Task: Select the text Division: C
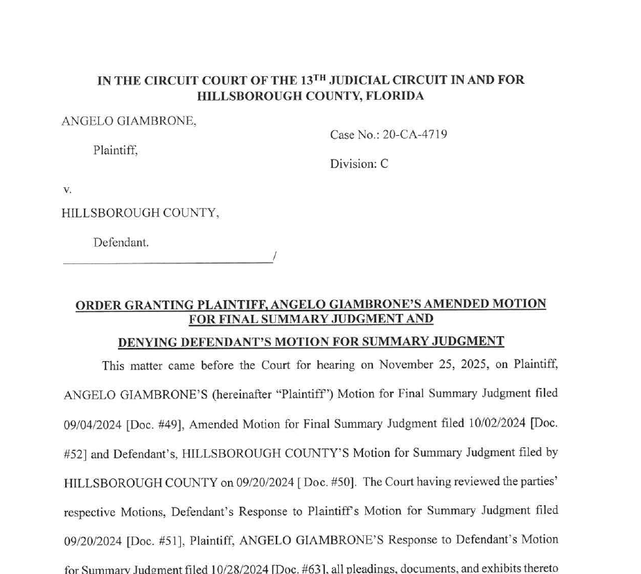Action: (359, 164)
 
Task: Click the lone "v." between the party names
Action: (67, 189)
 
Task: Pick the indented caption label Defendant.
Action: (121, 243)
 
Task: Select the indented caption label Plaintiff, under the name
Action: (115, 150)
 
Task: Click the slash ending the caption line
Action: (274, 257)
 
